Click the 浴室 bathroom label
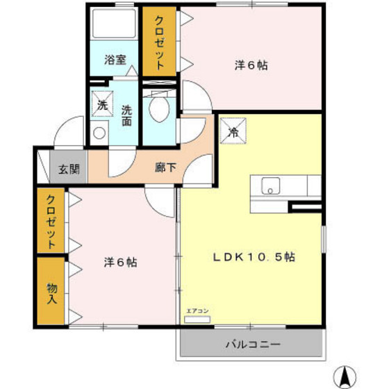115,60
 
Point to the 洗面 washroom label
127,115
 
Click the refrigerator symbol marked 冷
234,130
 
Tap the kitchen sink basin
270,186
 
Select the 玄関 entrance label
68,168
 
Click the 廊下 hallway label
165,167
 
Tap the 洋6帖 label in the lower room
120,262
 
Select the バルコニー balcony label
252,344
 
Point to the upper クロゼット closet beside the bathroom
160,42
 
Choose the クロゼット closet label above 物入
52,221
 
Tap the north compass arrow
344,374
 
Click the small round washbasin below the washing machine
99,132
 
